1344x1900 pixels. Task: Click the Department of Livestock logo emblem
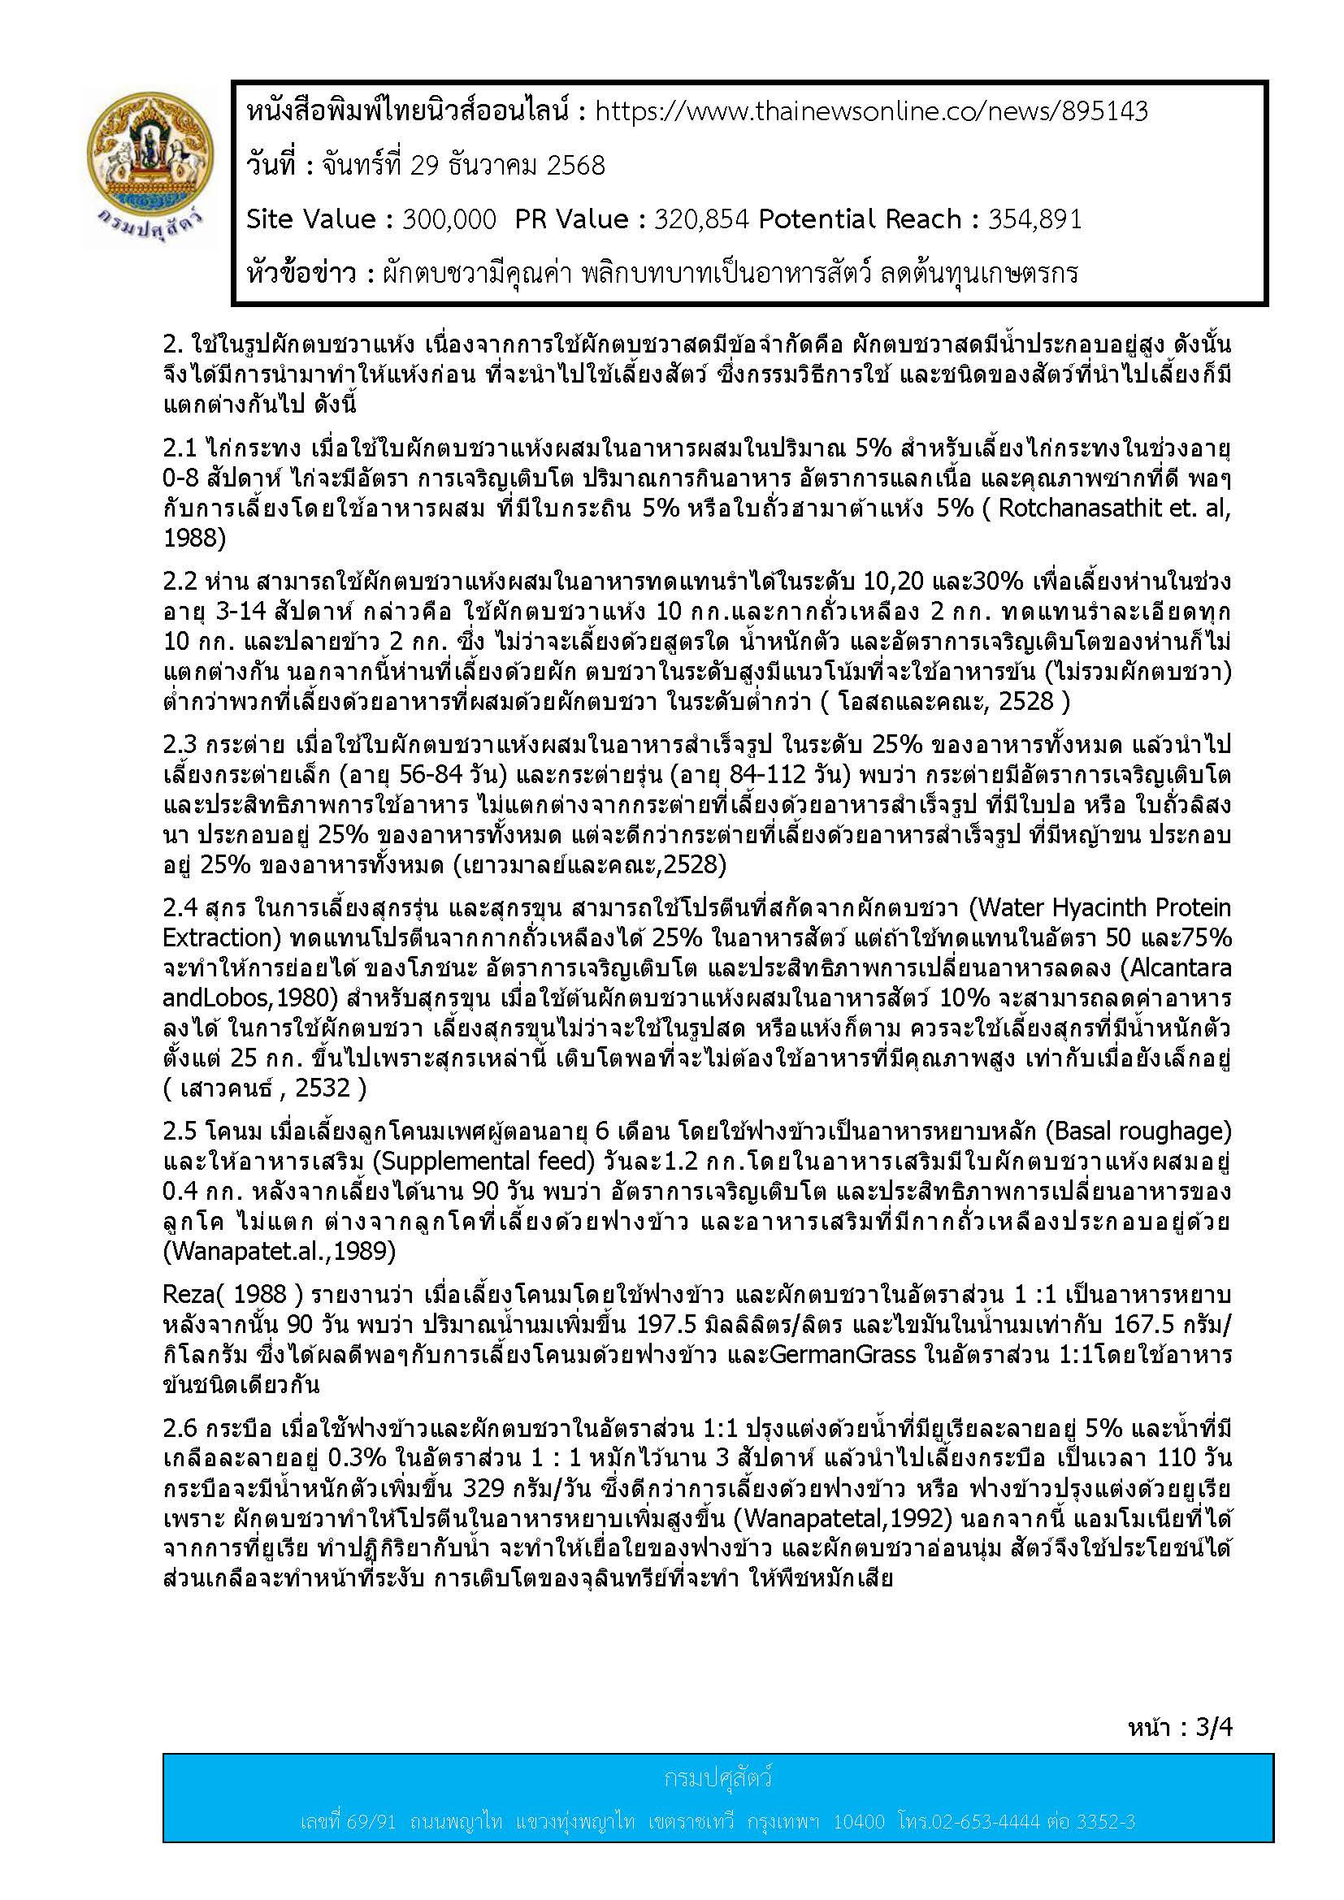150,169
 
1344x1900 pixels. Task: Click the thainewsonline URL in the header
871,112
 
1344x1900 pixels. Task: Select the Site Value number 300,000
449,219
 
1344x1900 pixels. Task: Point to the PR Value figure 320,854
701,219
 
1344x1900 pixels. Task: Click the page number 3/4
1214,1726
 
